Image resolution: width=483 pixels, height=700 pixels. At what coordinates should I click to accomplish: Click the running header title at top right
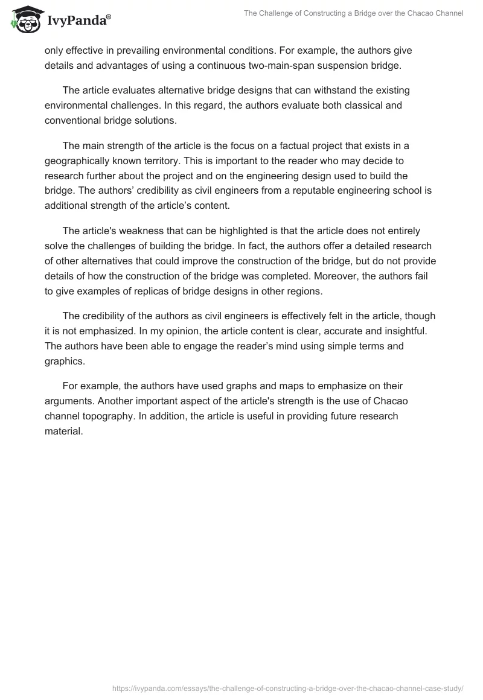pos(353,13)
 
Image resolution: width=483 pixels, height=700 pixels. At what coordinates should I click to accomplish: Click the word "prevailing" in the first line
pos(131,51)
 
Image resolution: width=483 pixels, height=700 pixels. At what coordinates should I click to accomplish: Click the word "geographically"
pos(77,161)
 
